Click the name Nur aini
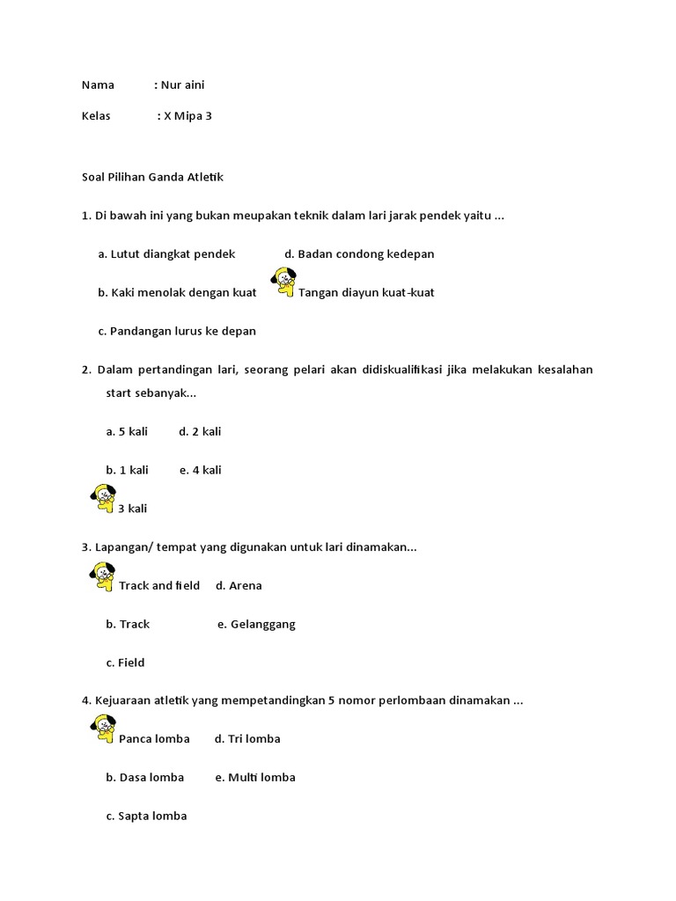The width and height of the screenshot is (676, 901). [182, 85]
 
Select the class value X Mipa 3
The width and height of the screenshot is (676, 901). [187, 116]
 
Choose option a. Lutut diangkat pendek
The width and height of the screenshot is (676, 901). [166, 254]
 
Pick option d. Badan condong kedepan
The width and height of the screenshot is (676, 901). [359, 254]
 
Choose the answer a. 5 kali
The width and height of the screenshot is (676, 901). [127, 431]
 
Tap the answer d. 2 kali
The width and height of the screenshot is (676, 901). [200, 431]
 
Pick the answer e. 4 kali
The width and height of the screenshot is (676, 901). [200, 470]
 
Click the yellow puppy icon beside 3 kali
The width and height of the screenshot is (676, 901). [103, 499]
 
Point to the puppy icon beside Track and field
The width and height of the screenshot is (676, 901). [103, 576]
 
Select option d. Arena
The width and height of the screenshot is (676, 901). [239, 586]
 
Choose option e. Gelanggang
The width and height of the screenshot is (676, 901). [256, 625]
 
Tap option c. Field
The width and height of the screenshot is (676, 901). [125, 663]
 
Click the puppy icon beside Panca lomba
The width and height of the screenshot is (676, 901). [103, 729]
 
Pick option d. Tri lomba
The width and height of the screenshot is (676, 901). [247, 739]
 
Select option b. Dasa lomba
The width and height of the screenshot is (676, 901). [145, 778]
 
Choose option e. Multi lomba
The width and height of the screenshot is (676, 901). [255, 778]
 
